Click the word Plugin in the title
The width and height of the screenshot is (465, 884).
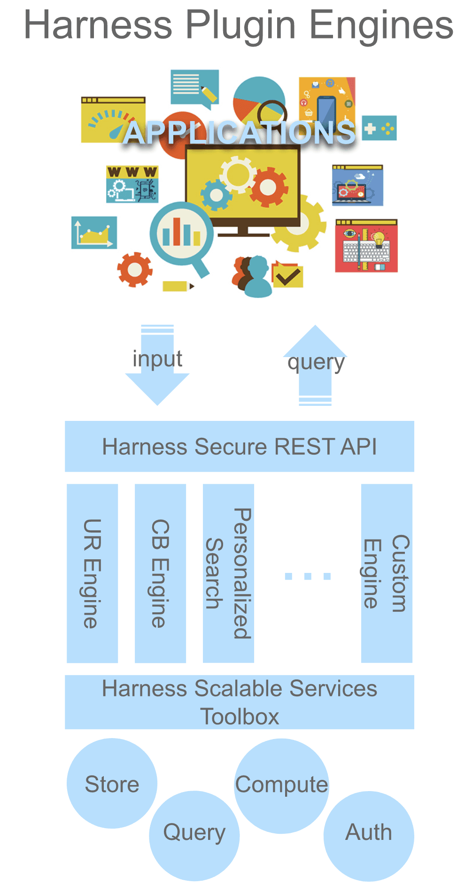point(240,26)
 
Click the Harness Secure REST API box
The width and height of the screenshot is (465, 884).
point(239,446)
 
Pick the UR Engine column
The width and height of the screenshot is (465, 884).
point(92,573)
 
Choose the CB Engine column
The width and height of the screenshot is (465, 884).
point(160,573)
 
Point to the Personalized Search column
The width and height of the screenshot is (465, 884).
point(228,573)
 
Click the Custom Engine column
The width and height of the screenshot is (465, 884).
point(387,573)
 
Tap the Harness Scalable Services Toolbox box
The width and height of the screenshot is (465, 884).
point(239,702)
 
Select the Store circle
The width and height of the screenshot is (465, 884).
point(112,784)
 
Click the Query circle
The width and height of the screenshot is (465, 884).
point(194,835)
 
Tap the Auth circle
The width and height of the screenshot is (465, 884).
point(369,835)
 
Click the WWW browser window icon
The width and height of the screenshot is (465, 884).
point(132,184)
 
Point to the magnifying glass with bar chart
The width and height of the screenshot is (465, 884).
point(181,233)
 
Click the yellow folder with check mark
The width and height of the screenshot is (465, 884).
point(287,275)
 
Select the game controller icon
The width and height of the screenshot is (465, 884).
point(379,128)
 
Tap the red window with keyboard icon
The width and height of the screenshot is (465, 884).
point(366,245)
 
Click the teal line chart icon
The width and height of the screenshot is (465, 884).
point(94,232)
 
